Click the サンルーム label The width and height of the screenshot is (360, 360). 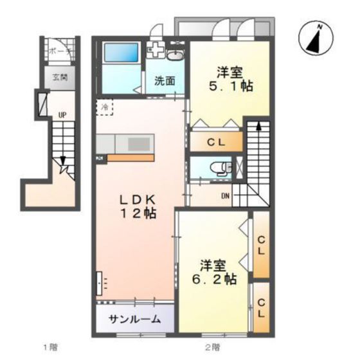tap(135, 319)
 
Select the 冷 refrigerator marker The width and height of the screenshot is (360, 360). tap(105, 107)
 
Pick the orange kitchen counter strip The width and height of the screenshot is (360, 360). tap(130, 157)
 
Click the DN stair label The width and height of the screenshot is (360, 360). tap(226, 197)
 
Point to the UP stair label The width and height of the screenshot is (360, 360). tap(62, 116)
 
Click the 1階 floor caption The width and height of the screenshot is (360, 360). tap(50, 348)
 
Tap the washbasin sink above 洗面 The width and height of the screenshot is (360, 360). tap(175, 55)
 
